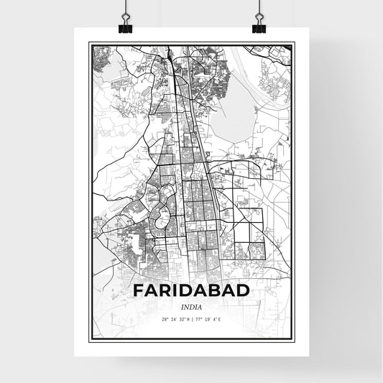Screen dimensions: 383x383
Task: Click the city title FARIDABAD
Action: [191, 290]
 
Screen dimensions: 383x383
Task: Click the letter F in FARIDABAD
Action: [139, 290]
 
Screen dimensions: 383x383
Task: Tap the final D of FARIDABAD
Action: [243, 290]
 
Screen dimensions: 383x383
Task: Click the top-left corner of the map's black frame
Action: [89, 43]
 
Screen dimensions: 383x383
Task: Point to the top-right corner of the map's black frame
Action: [295, 43]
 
